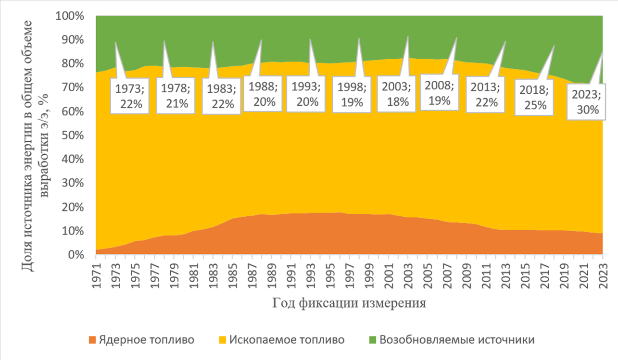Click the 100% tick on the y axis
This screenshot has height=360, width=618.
pos(70,16)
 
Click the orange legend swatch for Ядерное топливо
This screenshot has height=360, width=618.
pos(92,340)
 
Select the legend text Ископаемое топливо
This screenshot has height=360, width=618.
pos(287,340)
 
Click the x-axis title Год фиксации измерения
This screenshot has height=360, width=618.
pos(350,303)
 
